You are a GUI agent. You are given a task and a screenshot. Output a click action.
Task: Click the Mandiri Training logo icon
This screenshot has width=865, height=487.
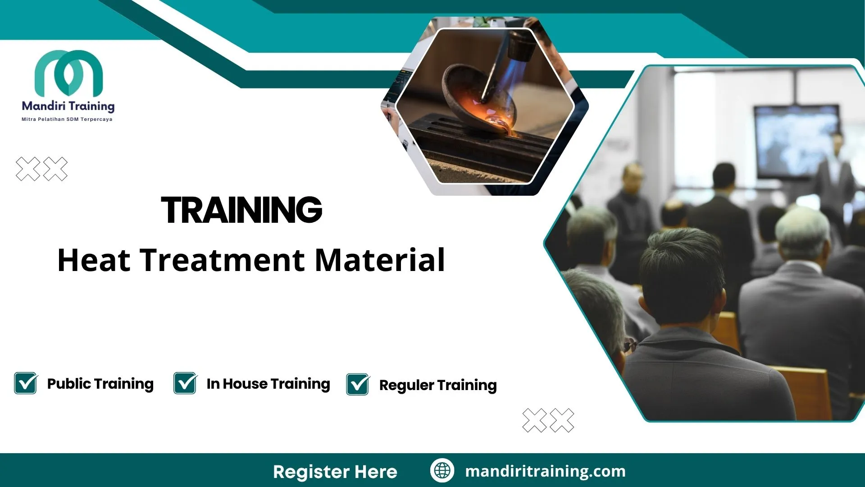pyautogui.click(x=68, y=73)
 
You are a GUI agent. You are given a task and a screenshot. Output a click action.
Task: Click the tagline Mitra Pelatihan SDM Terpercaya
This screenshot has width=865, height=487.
pyautogui.click(x=67, y=119)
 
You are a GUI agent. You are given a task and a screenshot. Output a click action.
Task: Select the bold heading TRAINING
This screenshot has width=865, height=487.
pyautogui.click(x=242, y=210)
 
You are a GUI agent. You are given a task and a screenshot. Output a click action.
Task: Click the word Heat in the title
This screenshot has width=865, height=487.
pyautogui.click(x=94, y=260)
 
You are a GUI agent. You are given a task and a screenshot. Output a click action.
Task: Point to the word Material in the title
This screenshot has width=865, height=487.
pyautogui.click(x=380, y=260)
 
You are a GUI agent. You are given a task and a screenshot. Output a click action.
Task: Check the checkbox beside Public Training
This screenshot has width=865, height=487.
pyautogui.click(x=26, y=384)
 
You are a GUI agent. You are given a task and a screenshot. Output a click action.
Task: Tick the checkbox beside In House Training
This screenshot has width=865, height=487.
pyautogui.click(x=185, y=384)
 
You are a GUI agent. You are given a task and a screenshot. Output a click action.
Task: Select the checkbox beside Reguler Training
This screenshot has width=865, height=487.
pyautogui.click(x=358, y=385)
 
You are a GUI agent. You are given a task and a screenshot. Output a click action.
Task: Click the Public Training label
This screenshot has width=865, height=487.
pyautogui.click(x=100, y=384)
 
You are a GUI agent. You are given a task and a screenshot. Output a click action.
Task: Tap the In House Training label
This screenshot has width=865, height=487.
pyautogui.click(x=268, y=384)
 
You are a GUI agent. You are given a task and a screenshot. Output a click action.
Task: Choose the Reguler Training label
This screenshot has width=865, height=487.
pyautogui.click(x=438, y=385)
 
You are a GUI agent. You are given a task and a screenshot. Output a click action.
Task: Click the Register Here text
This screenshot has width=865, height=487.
pyautogui.click(x=335, y=472)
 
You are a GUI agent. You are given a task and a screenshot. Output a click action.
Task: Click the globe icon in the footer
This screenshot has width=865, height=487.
pyautogui.click(x=442, y=471)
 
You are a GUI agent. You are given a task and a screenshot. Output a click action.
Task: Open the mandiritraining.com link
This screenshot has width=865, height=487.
pyautogui.click(x=545, y=471)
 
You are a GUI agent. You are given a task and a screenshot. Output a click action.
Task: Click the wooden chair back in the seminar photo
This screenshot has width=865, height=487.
pyautogui.click(x=806, y=388)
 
